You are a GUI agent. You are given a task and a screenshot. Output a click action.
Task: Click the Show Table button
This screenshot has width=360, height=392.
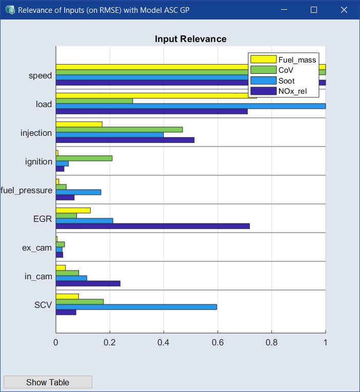(x=48, y=382)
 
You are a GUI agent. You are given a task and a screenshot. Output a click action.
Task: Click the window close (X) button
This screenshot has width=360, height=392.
(x=344, y=10)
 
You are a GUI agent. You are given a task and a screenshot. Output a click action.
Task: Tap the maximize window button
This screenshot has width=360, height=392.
(x=314, y=10)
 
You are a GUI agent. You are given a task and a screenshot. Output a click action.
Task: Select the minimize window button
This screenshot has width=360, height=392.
(x=284, y=10)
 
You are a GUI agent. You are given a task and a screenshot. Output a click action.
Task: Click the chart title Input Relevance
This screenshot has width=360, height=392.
(x=190, y=39)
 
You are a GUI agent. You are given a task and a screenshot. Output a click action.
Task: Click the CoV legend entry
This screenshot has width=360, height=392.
(x=286, y=70)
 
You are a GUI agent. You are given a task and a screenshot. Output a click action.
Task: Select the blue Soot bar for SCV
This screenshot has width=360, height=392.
(x=136, y=307)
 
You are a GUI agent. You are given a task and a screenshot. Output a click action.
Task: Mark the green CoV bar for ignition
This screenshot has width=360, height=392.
(x=84, y=158)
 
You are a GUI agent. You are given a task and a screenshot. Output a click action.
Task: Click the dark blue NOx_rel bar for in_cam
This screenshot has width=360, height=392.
(x=88, y=283)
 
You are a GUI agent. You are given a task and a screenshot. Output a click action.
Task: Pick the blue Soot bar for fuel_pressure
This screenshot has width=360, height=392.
(x=78, y=192)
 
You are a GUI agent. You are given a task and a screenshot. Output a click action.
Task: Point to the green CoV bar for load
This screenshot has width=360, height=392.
(x=94, y=101)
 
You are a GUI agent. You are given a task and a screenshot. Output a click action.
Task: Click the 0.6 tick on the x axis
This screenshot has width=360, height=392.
(x=217, y=342)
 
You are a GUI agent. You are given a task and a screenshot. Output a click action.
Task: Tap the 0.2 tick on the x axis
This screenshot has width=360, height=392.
(x=110, y=342)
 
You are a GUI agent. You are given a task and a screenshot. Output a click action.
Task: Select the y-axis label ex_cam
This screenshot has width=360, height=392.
(x=37, y=248)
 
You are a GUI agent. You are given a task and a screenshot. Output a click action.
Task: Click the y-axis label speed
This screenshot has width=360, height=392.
(x=40, y=76)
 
